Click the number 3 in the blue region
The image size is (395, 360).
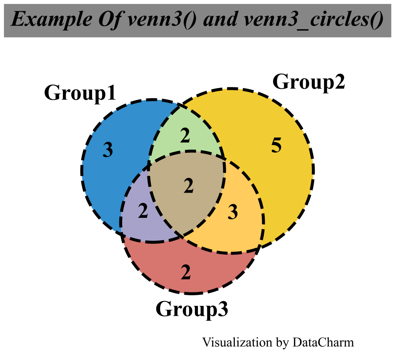(x=108, y=150)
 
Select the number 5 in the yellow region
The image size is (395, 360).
(x=276, y=146)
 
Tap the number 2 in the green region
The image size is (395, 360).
(x=185, y=136)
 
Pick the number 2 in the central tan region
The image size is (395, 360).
(x=188, y=186)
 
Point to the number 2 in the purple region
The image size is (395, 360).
(x=143, y=211)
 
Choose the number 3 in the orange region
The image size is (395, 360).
(x=233, y=212)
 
